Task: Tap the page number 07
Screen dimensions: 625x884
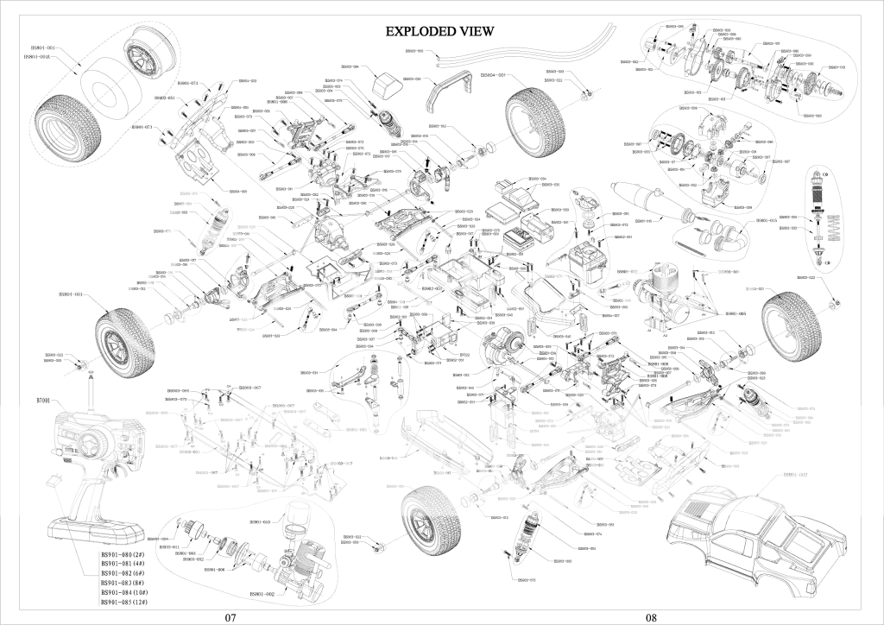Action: [230, 617]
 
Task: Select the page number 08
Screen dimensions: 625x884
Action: [651, 617]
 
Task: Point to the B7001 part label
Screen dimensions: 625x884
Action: [44, 401]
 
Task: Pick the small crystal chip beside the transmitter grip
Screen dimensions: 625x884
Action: [51, 476]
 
